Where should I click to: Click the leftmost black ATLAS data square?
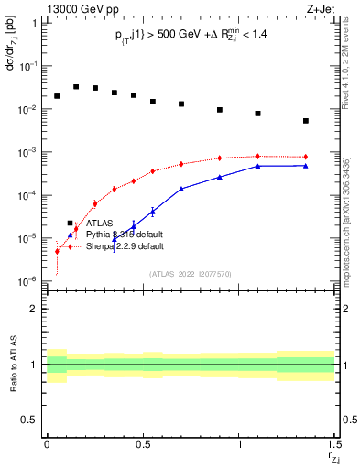pyautogui.click(x=57, y=96)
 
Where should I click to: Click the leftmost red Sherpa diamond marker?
pyautogui.click(x=57, y=251)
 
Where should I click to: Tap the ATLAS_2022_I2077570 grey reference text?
pyautogui.click(x=190, y=273)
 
